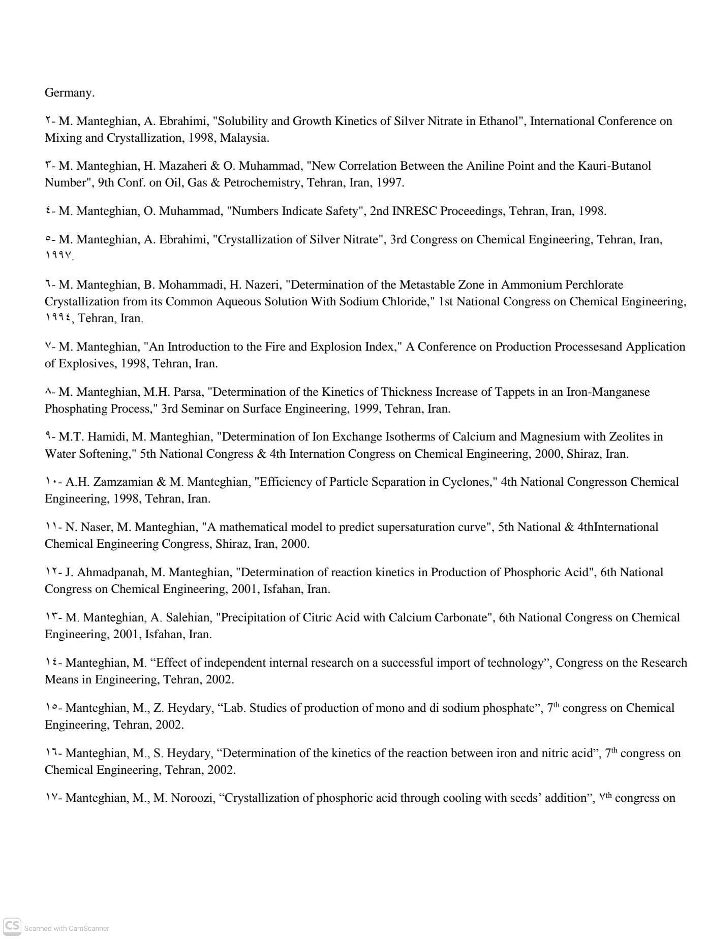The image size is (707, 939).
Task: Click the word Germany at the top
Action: pos(69,93)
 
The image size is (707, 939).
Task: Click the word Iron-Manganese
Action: pos(608,392)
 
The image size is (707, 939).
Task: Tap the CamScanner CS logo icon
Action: pos(12,927)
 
